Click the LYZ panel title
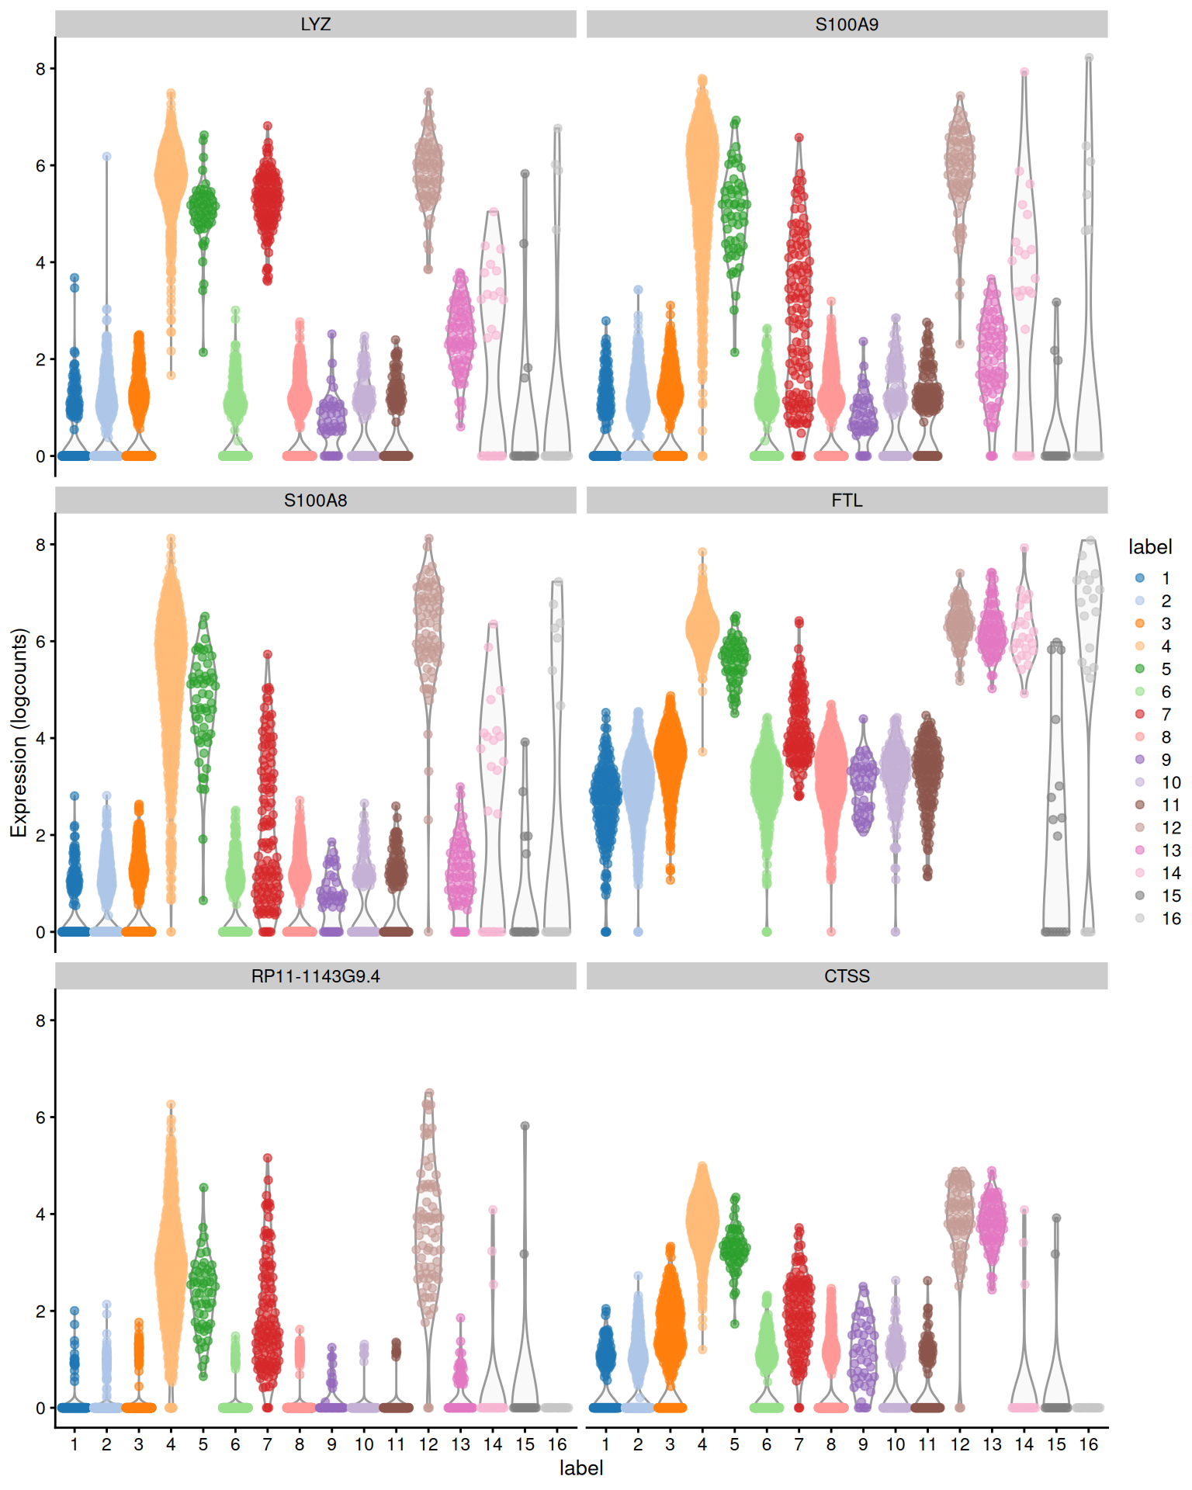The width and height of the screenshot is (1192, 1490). pos(315,24)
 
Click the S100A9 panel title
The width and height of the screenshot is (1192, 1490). pos(846,24)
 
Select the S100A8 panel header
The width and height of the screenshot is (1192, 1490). pos(315,500)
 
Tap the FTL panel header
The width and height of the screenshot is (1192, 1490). pos(846,500)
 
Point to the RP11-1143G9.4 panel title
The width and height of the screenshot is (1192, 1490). pos(315,975)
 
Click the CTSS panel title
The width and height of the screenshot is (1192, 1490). pos(846,975)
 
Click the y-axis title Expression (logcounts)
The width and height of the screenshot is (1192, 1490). pos(19,732)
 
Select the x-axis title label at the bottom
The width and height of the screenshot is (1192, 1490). pos(580,1467)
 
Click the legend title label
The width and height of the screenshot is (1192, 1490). pos(1149,547)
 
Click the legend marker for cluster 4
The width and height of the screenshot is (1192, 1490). pos(1139,646)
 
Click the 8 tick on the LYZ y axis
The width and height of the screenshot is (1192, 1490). pos(40,68)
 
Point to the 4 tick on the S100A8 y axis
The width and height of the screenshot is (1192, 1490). pos(40,738)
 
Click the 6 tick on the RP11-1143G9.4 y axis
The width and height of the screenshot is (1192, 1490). pos(40,1117)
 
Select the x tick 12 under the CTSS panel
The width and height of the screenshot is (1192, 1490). pos(960,1444)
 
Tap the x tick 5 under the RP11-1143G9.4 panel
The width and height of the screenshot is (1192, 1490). pos(203,1444)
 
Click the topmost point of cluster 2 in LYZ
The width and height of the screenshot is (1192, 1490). pos(107,157)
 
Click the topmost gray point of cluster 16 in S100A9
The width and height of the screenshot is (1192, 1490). pos(1089,57)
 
